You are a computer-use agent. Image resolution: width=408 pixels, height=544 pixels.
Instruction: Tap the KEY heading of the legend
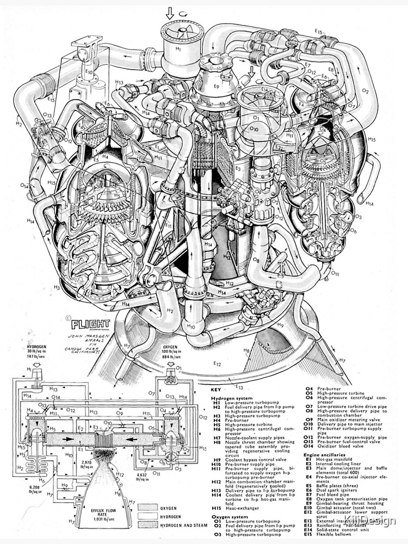[x=216, y=390]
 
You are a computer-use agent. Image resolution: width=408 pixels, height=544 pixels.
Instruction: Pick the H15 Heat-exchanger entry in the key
[x=234, y=508]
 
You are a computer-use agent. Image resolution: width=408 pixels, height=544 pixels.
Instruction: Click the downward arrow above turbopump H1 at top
[x=170, y=12]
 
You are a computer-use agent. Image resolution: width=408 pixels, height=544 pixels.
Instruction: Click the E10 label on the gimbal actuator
[x=89, y=71]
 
